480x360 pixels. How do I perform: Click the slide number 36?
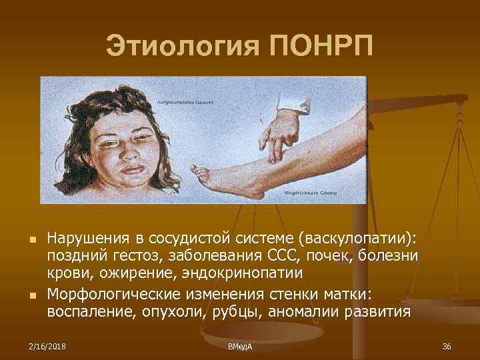[446, 345]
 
